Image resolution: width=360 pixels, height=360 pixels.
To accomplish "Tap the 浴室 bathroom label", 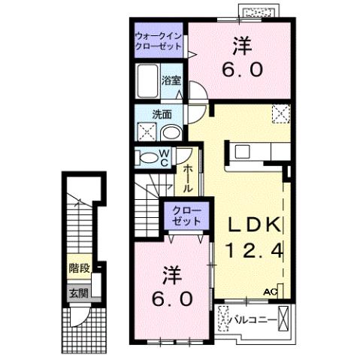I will [x=171, y=79].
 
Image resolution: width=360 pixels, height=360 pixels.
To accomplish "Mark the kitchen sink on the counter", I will [x=244, y=150].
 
